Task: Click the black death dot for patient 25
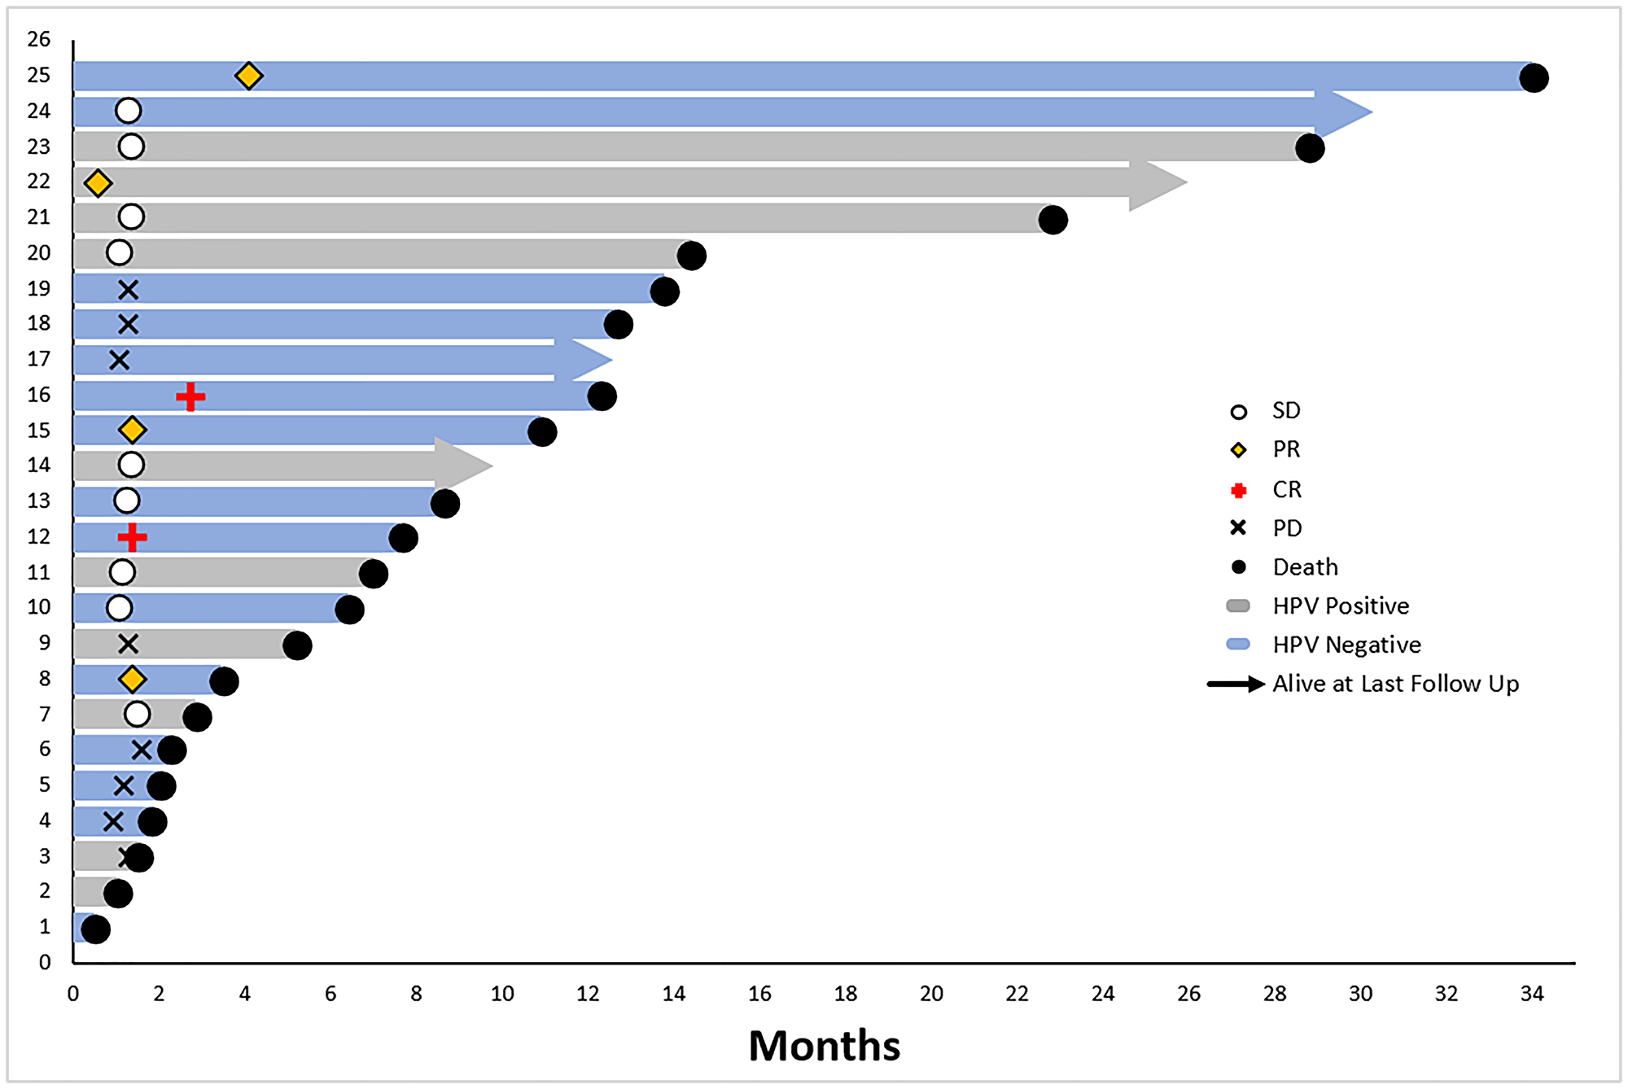tap(1534, 78)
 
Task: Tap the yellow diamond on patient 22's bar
tap(98, 183)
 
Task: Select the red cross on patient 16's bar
tap(190, 397)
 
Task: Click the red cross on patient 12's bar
tap(132, 537)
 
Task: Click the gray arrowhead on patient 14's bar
tap(464, 466)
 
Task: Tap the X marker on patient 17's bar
tap(119, 360)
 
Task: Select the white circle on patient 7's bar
tap(138, 715)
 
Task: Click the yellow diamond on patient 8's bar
tap(132, 679)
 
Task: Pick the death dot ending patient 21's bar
tap(1053, 220)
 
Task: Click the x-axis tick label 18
tap(845, 994)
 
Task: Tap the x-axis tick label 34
tap(1532, 994)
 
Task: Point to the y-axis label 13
tap(38, 501)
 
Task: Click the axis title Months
tap(824, 1046)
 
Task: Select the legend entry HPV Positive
tap(1340, 606)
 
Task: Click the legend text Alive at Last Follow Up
tap(1395, 684)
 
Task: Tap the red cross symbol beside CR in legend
tap(1239, 491)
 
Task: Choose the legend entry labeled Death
tap(1305, 567)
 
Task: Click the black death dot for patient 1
tap(95, 929)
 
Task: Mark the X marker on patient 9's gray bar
tap(128, 645)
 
